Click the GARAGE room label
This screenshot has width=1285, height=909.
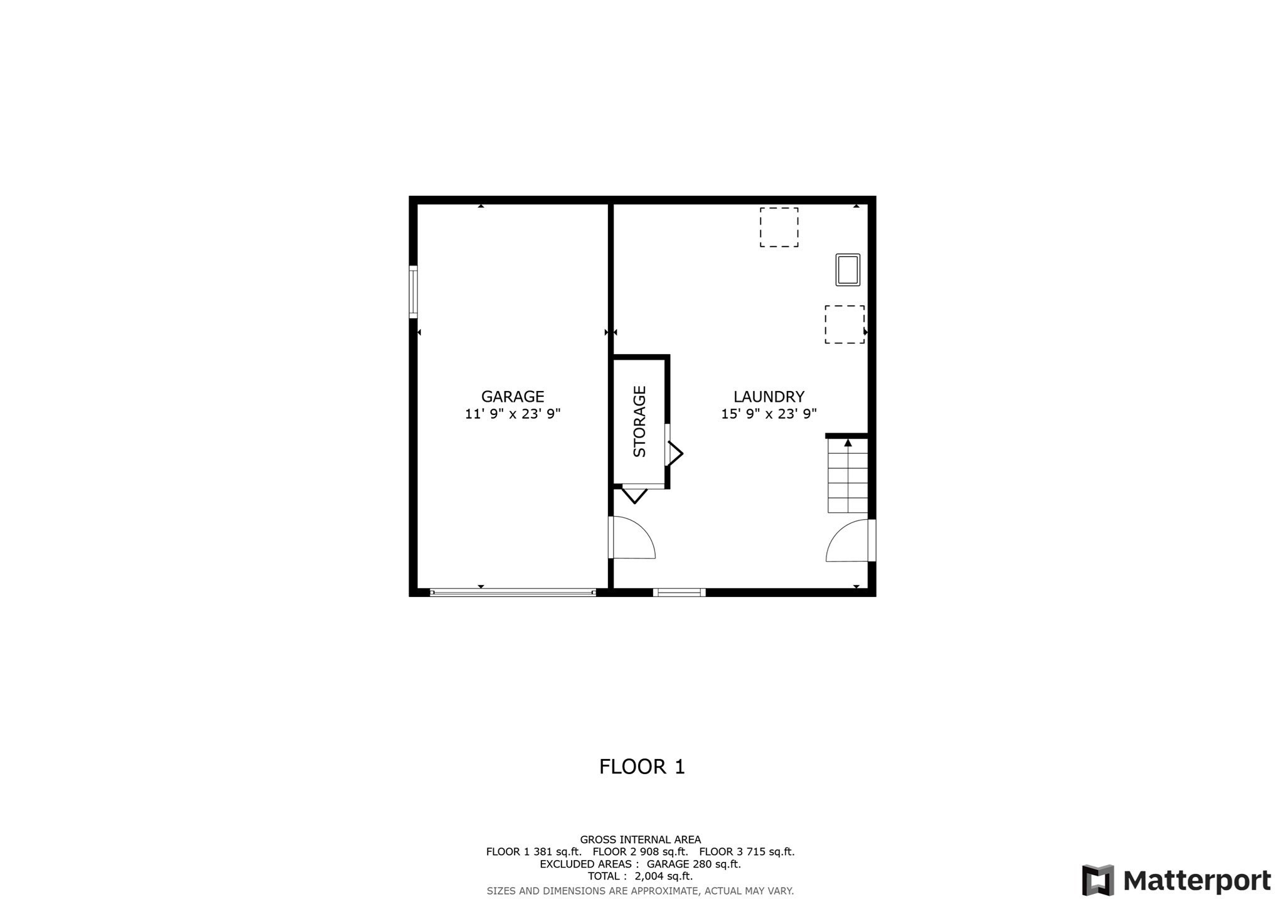click(x=512, y=397)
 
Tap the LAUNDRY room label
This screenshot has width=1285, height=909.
click(x=769, y=397)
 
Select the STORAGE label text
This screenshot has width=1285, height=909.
click(x=639, y=421)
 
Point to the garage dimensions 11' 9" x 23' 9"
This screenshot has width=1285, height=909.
click(x=512, y=414)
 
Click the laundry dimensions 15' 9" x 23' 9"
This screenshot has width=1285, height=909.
click(x=769, y=414)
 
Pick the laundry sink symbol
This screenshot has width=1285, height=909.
click(x=848, y=270)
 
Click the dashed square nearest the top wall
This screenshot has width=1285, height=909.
click(x=779, y=227)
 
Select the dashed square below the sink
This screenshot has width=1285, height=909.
click(x=845, y=325)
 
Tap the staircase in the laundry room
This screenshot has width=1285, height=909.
click(x=848, y=475)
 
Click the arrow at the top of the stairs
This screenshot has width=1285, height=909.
click(x=848, y=443)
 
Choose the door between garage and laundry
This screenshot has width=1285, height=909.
click(x=632, y=537)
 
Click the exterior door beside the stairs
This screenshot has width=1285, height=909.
click(x=850, y=541)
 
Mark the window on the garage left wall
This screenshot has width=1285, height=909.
click(x=413, y=292)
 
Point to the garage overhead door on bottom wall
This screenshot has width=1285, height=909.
click(x=513, y=592)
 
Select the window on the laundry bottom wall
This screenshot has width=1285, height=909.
click(x=679, y=592)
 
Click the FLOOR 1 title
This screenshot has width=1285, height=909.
click(x=642, y=766)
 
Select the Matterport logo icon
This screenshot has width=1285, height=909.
click(x=1097, y=880)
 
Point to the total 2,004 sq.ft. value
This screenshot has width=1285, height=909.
click(x=664, y=876)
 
